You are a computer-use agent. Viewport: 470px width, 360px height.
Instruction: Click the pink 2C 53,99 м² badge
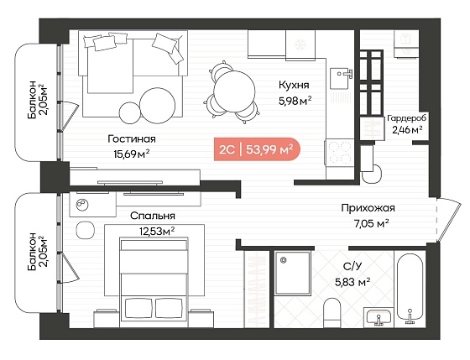coord(257,149)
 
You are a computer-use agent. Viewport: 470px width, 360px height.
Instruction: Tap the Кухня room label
coord(294,85)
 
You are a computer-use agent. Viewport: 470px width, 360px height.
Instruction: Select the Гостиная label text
coord(132,139)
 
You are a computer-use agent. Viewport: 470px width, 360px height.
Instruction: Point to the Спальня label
coord(153,216)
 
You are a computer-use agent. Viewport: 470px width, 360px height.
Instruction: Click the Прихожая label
coord(368,208)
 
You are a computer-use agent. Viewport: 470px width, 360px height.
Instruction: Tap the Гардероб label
coord(406,118)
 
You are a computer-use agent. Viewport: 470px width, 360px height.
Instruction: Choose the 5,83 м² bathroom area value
coord(352,282)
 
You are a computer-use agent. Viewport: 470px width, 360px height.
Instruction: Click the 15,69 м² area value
coord(132,154)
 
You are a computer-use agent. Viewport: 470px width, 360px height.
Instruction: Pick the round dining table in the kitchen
coord(234,91)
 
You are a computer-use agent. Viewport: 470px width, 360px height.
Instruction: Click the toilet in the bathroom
coord(332,313)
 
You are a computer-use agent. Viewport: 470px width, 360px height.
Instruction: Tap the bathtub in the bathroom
coord(410,289)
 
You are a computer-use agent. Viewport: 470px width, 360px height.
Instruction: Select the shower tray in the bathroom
coord(293,273)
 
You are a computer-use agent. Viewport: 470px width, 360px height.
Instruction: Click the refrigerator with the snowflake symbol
coord(300,45)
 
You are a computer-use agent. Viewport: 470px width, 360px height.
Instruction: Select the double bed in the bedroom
coord(154,282)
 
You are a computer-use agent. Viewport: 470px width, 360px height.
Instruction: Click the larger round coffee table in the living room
coord(158,105)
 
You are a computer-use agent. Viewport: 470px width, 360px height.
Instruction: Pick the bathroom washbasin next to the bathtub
coord(379,317)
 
